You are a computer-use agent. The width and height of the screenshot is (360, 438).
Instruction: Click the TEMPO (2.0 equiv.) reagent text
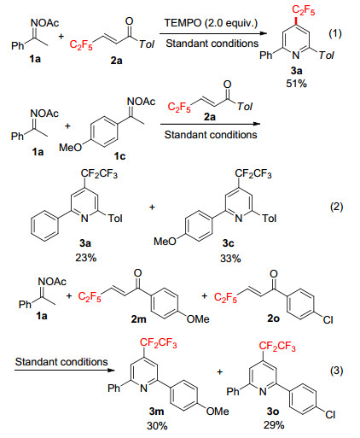click(x=211, y=23)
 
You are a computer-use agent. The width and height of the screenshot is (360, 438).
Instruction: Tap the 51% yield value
click(x=296, y=84)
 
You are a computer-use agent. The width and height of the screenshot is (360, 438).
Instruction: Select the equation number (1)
click(x=335, y=33)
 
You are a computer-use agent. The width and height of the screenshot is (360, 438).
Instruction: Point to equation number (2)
click(x=336, y=207)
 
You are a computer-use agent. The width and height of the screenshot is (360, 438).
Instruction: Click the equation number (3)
click(x=336, y=371)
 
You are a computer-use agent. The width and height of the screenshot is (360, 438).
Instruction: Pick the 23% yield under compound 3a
click(x=86, y=258)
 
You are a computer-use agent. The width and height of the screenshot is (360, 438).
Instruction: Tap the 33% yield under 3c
click(x=230, y=259)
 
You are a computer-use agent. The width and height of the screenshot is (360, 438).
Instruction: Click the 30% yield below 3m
click(x=157, y=426)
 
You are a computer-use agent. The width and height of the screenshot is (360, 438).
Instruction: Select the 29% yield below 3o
click(x=274, y=425)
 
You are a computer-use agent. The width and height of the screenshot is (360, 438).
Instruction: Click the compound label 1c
click(x=119, y=156)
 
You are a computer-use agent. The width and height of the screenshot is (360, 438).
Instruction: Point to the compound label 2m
click(x=138, y=319)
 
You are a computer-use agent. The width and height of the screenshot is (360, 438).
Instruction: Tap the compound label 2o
click(x=273, y=318)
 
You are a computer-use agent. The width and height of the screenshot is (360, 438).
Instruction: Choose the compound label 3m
click(x=156, y=411)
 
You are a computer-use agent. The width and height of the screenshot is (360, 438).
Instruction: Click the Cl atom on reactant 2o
click(x=328, y=320)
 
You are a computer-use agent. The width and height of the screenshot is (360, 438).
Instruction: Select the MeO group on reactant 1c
click(x=70, y=148)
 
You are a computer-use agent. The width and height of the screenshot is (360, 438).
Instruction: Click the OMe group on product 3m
click(x=218, y=412)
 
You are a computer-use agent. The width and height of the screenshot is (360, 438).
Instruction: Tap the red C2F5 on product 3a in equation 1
click(x=303, y=10)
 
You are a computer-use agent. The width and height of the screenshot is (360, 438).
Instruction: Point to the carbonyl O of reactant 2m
click(x=137, y=273)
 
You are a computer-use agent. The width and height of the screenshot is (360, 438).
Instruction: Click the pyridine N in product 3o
click(x=263, y=392)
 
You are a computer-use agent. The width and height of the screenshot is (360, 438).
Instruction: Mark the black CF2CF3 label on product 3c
click(x=253, y=173)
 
